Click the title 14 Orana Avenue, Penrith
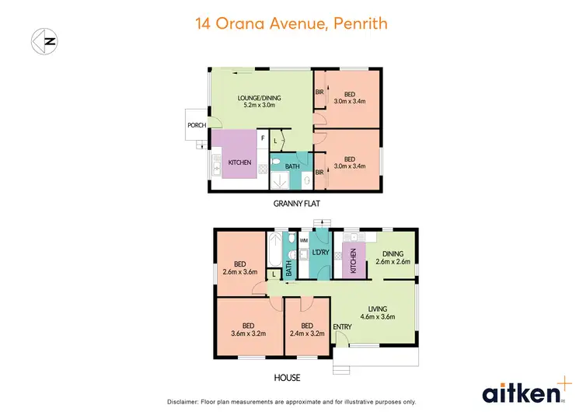point(291,23)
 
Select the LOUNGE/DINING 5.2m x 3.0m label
point(259,102)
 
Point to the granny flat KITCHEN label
point(239,162)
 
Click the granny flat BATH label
point(292,166)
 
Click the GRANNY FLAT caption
point(297,204)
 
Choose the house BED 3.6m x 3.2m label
point(248,330)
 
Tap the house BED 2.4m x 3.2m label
point(307,330)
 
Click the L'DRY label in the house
point(320,253)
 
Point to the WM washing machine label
point(304,241)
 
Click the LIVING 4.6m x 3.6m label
point(377,312)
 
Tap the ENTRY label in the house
point(342,326)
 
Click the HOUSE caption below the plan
point(286,378)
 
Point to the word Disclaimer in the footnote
point(183,401)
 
